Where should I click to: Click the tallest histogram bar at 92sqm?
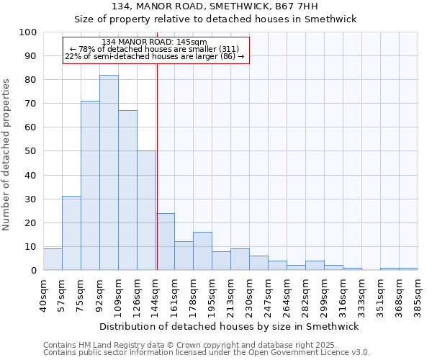coord(109,173)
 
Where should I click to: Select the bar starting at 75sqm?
coord(90,186)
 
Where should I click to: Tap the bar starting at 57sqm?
coord(71,233)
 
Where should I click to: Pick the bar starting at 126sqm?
coord(146,210)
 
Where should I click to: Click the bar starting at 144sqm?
coord(166,242)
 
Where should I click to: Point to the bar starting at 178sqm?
coord(202,251)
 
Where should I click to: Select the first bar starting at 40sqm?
coord(53,259)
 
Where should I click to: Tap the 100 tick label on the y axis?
coord(28,32)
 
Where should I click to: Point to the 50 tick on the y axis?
coord(31,151)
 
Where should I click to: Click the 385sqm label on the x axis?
coord(418,293)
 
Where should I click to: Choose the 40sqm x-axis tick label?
coord(43,293)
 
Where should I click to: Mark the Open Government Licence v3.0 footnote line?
coord(206,353)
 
